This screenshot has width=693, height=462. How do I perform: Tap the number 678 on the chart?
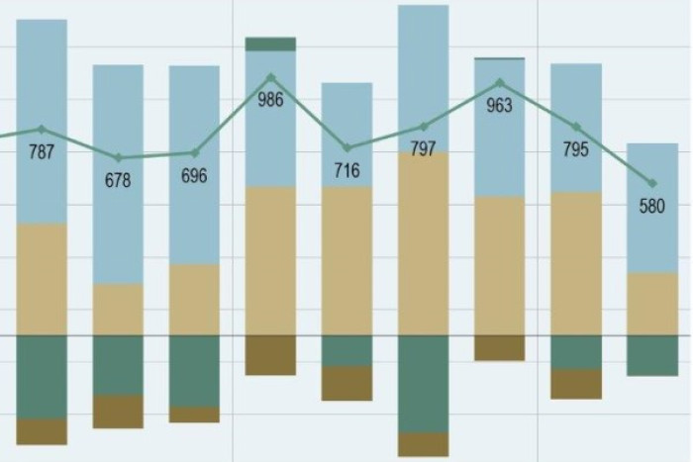[118, 180]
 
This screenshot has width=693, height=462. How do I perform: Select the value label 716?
[346, 171]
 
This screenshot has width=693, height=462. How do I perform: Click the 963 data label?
[500, 106]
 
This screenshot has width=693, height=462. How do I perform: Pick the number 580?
[652, 207]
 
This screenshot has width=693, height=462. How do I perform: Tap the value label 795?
[576, 150]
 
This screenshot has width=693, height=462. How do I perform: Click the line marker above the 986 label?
[270, 77]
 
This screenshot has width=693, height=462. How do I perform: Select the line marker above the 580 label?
[652, 183]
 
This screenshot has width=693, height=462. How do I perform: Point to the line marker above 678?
[118, 157]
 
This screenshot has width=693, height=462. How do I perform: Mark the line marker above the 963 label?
[500, 83]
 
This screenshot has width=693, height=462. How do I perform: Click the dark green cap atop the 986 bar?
[270, 44]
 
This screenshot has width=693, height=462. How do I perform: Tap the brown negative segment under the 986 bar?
[270, 355]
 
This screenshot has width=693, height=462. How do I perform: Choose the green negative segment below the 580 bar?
[652, 355]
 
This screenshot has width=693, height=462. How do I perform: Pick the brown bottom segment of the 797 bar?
[424, 444]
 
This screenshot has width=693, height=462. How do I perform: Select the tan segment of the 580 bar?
[652, 304]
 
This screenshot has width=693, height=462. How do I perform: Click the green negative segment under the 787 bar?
[42, 376]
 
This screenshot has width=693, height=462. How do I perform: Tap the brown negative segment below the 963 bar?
[500, 347]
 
